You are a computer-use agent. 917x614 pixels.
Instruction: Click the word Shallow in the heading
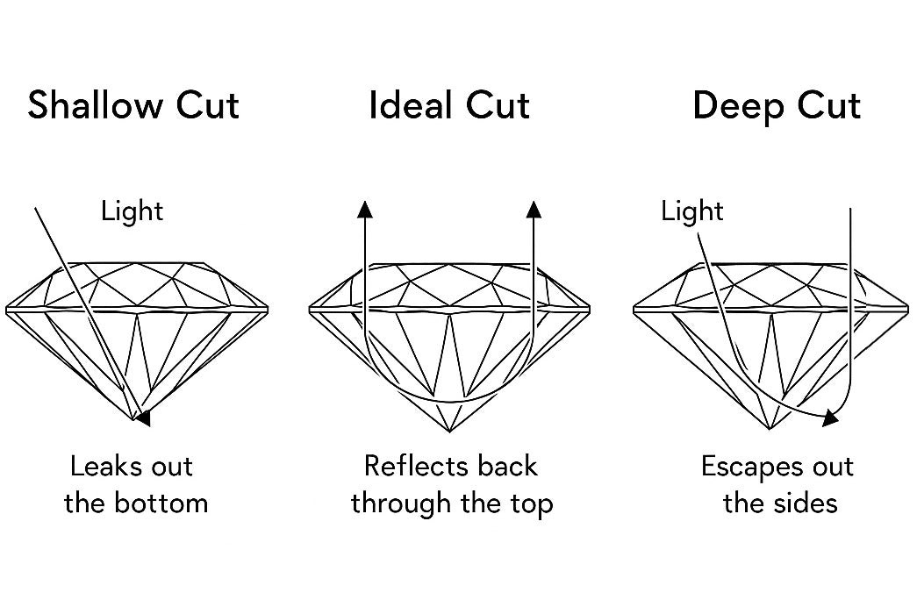(x=83, y=106)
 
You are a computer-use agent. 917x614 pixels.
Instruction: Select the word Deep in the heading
(x=736, y=106)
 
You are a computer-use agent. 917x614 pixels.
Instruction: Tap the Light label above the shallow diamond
(x=133, y=211)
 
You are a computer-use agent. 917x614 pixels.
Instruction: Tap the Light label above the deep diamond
(x=692, y=211)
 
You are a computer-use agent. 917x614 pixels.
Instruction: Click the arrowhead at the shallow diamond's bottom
(x=143, y=418)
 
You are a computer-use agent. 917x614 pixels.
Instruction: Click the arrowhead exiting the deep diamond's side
(x=828, y=418)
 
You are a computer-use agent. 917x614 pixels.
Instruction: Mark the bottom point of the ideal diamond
(x=450, y=432)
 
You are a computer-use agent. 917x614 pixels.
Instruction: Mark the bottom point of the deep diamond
(x=770, y=430)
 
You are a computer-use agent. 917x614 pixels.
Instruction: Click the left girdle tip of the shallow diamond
(x=8, y=310)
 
